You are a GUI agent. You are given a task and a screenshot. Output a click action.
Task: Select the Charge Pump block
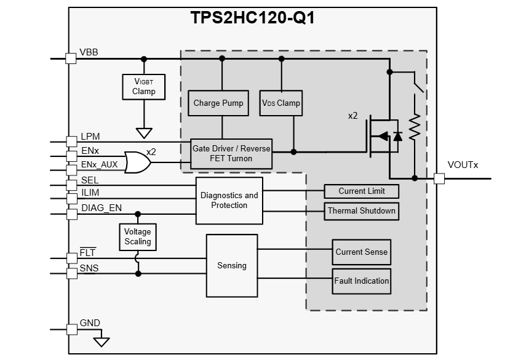(218, 103)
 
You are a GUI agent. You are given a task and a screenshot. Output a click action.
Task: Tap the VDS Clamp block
(281, 103)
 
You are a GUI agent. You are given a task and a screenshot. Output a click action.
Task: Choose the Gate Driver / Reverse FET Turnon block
(231, 153)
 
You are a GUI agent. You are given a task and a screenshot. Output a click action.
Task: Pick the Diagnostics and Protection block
(229, 200)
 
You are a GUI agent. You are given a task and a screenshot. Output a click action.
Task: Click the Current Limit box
(361, 191)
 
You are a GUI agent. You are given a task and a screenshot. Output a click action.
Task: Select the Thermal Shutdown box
(361, 211)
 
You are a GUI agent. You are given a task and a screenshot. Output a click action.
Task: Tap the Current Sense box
(361, 252)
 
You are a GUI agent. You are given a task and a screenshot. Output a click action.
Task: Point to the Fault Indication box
(361, 281)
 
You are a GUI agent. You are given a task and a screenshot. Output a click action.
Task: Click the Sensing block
(232, 265)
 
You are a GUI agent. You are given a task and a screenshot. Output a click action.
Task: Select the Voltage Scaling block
(137, 237)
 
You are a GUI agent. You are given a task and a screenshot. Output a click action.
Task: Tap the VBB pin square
(71, 58)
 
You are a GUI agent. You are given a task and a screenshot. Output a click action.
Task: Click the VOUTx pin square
(439, 178)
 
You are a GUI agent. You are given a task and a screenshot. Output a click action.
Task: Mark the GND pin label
(90, 323)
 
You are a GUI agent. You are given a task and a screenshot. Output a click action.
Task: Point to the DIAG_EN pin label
(101, 208)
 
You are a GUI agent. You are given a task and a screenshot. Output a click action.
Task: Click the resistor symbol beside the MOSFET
(415, 127)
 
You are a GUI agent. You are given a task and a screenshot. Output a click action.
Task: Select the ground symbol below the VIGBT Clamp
(144, 132)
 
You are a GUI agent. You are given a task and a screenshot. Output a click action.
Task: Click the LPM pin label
(90, 136)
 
